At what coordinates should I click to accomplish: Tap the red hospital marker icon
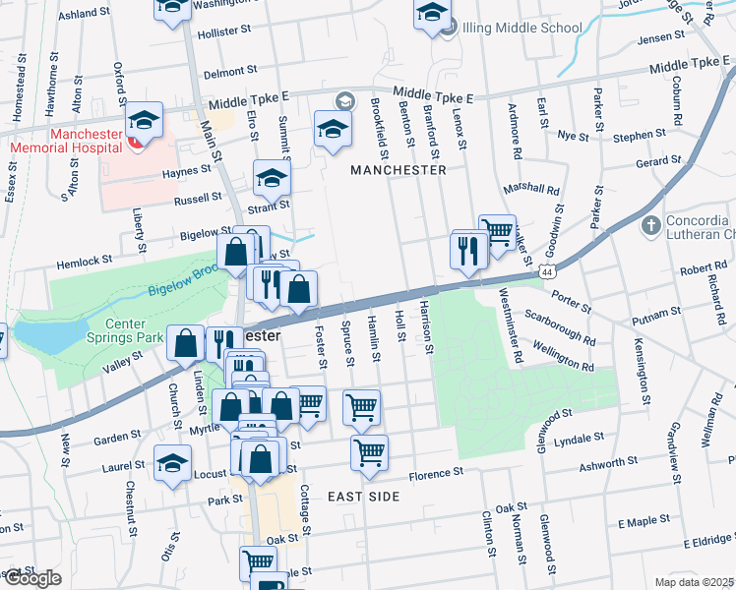coord(135,143)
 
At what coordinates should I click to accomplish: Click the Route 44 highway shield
coord(557,267)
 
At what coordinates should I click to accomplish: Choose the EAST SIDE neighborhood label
coord(363,497)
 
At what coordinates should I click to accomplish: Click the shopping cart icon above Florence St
coord(369,451)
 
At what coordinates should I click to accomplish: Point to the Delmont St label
coord(228,73)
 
